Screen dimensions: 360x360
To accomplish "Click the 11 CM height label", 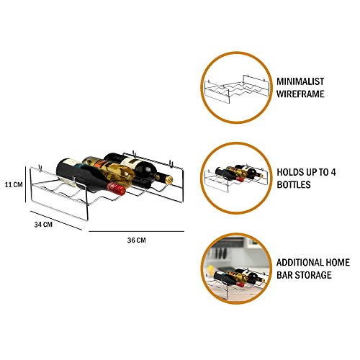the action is coord(14,184).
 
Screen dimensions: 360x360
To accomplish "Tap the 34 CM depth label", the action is coord(43,225).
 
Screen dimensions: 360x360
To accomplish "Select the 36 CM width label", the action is coord(136,240).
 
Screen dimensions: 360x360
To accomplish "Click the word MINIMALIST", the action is coord(300,81).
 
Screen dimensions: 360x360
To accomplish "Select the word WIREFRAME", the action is coord(300,94).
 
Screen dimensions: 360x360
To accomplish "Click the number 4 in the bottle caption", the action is coord(333,172).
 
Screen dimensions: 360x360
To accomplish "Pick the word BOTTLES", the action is coord(294,184).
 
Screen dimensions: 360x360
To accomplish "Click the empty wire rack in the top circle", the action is coord(236,89).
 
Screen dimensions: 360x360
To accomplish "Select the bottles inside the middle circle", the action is coord(239,174).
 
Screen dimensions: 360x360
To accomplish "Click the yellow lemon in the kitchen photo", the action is coord(210,269).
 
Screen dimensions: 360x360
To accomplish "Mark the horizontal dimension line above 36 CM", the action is coord(136,231).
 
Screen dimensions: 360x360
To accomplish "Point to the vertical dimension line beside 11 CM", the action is coord(25,184).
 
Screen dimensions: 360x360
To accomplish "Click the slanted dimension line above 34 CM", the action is coord(56,220).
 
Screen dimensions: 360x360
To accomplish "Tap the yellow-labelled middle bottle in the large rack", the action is coord(109,171).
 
